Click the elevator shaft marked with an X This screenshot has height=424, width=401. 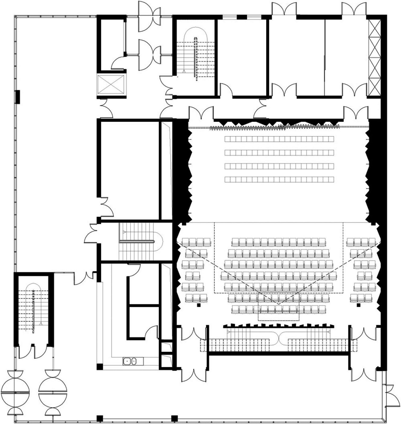click(x=111, y=85)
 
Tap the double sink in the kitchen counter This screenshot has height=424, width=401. click(x=130, y=361)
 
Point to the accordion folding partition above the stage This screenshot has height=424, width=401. click(x=274, y=128)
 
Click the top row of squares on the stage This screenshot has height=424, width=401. click(x=279, y=139)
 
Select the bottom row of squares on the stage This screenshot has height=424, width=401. click(x=279, y=180)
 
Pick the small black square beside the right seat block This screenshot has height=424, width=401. click(x=358, y=305)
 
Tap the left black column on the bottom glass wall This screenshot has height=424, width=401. click(x=99, y=418)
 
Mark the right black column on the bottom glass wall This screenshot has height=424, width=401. click(x=174, y=418)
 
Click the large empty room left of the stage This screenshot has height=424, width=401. click(x=129, y=170)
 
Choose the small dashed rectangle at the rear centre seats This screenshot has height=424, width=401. click(x=279, y=307)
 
